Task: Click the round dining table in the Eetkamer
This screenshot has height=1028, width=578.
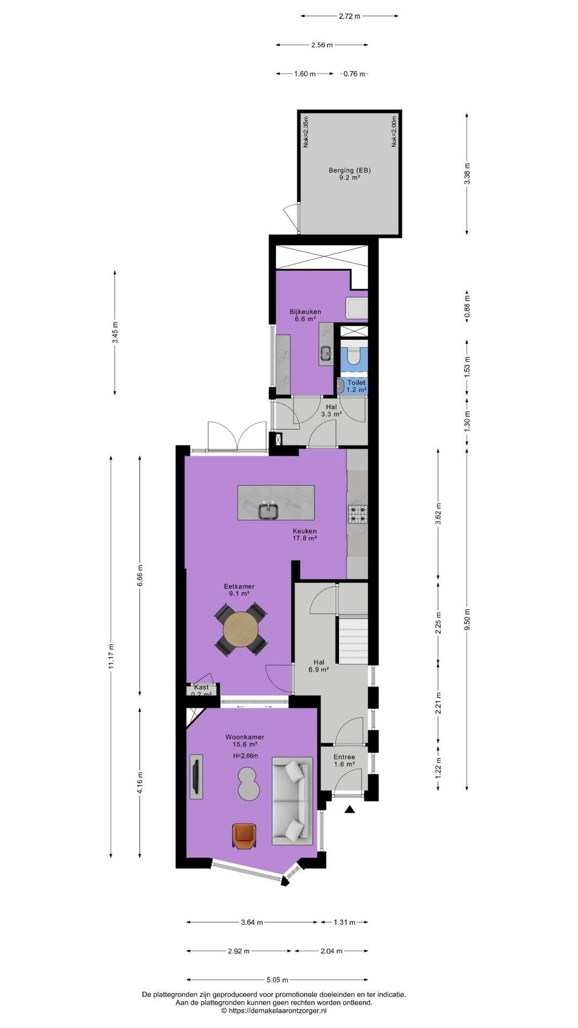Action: click(x=240, y=629)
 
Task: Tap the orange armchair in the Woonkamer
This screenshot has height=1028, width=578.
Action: click(x=245, y=836)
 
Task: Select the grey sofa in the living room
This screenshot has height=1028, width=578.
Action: click(x=292, y=800)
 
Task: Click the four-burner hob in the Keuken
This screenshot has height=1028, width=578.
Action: click(x=357, y=514)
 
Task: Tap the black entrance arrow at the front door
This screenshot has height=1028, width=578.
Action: click(x=349, y=810)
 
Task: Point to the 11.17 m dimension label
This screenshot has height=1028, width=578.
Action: click(x=111, y=655)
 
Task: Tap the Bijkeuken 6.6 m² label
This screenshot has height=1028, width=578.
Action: click(x=306, y=315)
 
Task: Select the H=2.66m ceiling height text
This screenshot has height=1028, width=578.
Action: click(x=246, y=756)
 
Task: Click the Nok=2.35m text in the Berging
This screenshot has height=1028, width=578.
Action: click(x=306, y=132)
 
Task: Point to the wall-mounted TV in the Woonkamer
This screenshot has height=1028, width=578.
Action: click(x=196, y=776)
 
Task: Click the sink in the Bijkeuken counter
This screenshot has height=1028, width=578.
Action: click(x=325, y=352)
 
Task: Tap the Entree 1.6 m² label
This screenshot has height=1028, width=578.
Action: click(x=344, y=760)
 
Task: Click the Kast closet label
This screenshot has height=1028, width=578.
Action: click(x=202, y=687)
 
